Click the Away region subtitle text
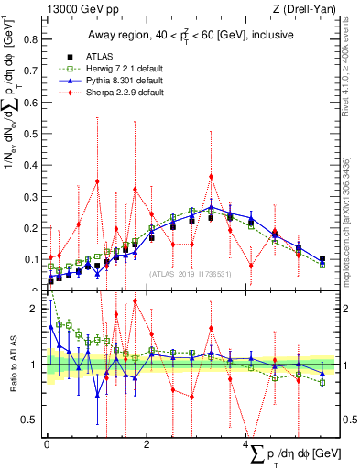[189, 35]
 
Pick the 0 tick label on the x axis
[47, 444]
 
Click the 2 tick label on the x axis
[147, 444]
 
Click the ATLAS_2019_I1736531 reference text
[191, 273]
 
